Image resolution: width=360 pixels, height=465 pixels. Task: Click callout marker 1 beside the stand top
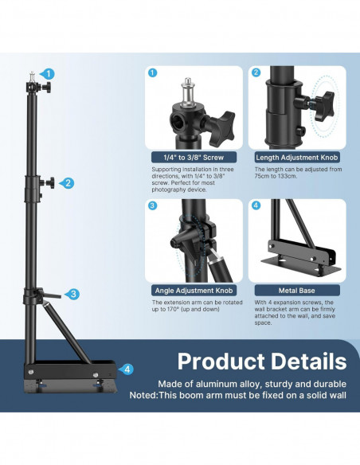(x=49, y=74)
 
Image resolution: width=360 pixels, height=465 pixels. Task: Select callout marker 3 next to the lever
(x=72, y=294)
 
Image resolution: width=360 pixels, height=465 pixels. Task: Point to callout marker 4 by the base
(x=127, y=369)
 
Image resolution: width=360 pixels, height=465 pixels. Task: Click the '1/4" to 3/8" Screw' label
(x=194, y=157)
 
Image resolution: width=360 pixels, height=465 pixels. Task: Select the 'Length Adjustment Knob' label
(x=297, y=157)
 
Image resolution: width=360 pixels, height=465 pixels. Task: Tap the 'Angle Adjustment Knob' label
(x=194, y=291)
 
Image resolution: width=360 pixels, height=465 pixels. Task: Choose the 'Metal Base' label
(x=297, y=291)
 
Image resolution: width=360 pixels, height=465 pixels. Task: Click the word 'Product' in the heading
(x=221, y=361)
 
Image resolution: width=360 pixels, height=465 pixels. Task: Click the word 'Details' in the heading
(x=309, y=361)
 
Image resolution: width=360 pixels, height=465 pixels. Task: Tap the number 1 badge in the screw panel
(x=152, y=72)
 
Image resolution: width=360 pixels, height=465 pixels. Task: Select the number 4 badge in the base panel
(x=256, y=205)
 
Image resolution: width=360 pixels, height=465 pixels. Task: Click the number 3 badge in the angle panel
(x=152, y=205)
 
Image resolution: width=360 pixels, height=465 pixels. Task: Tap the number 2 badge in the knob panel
(x=256, y=72)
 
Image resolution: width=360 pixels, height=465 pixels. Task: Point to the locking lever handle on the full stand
(x=53, y=295)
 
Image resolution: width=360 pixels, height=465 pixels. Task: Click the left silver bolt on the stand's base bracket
(x=30, y=371)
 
